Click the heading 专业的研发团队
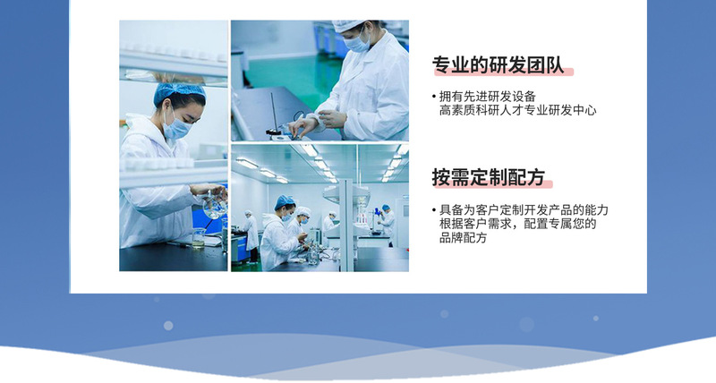pyautogui.click(x=498, y=65)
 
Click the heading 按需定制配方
pyautogui.click(x=489, y=177)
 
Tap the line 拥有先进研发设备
pyautogui.click(x=487, y=97)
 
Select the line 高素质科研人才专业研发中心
pyautogui.click(x=517, y=110)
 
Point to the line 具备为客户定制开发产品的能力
pyautogui.click(x=524, y=210)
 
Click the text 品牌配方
pyautogui.click(x=463, y=238)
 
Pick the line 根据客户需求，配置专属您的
pyautogui.click(x=518, y=224)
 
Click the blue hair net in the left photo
pyautogui.click(x=179, y=91)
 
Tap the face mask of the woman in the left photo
pyautogui.click(x=176, y=126)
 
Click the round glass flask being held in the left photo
pyautogui.click(x=215, y=206)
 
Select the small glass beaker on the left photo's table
pyautogui.click(x=199, y=238)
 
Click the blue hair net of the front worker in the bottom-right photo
pyautogui.click(x=284, y=201)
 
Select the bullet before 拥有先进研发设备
pyautogui.click(x=434, y=97)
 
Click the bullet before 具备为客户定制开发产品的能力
pyautogui.click(x=434, y=210)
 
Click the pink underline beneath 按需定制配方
pyautogui.click(x=492, y=184)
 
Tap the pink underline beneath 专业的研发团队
pyautogui.click(x=503, y=72)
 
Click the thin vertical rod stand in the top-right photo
pyautogui.click(x=274, y=113)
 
